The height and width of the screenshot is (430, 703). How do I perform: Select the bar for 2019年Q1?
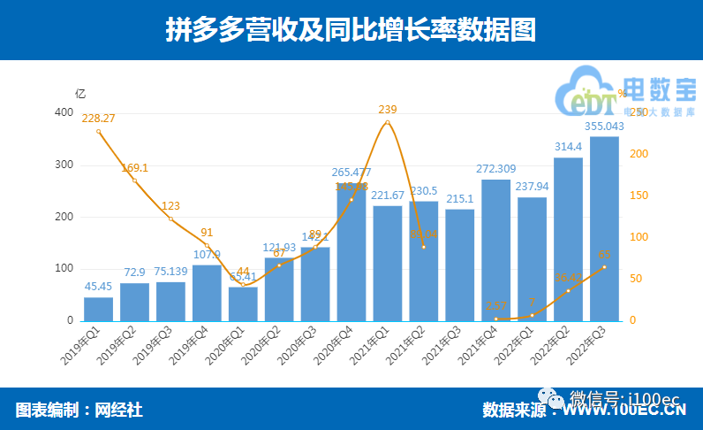click(x=98, y=309)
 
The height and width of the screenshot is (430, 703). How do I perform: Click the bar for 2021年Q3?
click(x=460, y=265)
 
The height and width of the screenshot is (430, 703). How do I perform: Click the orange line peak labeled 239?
click(x=388, y=122)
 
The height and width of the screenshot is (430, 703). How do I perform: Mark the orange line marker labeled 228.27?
click(x=98, y=131)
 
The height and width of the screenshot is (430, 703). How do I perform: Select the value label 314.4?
click(x=568, y=146)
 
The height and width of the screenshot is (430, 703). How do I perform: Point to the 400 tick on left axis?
click(x=64, y=113)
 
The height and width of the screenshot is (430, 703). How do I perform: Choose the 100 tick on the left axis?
click(x=64, y=268)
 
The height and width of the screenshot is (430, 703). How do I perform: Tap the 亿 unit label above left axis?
click(x=80, y=93)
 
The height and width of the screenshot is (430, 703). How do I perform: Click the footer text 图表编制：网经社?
click(x=79, y=410)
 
